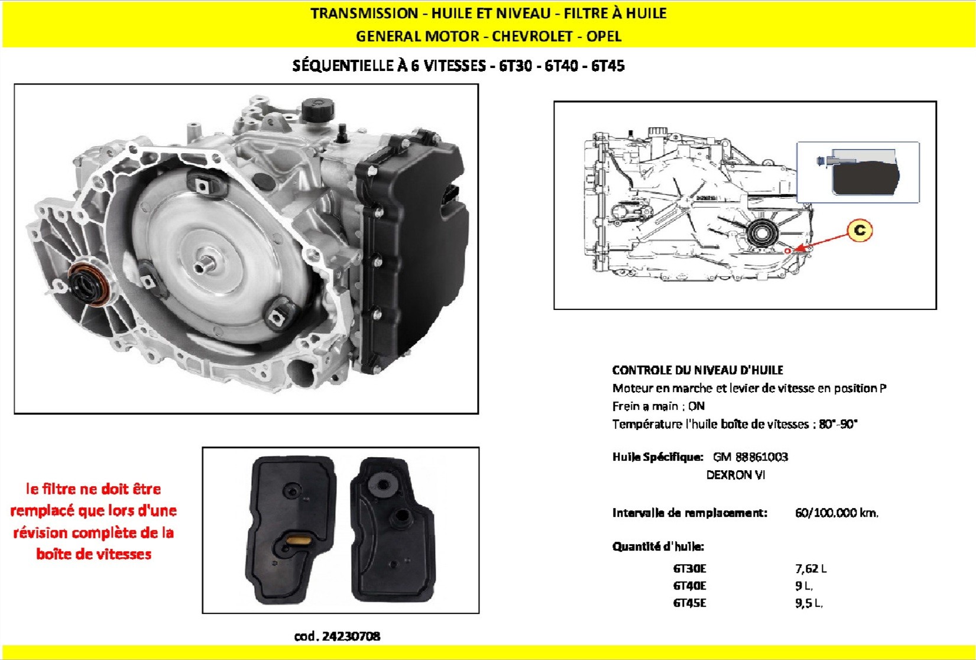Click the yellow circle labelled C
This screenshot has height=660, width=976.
click(x=860, y=230)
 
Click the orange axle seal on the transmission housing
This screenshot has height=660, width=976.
click(x=89, y=284)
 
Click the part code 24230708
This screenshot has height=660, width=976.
click(x=351, y=636)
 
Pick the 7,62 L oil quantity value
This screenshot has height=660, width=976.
click(x=811, y=568)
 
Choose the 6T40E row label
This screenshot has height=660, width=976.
click(x=689, y=585)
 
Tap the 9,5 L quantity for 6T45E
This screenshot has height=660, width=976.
click(x=809, y=603)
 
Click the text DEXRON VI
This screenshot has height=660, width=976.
click(x=735, y=475)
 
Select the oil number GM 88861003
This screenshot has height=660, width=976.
click(x=750, y=457)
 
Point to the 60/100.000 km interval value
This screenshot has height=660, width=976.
click(x=836, y=513)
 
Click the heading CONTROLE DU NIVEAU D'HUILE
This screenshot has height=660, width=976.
click(x=698, y=370)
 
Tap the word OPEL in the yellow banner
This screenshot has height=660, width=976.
click(x=604, y=36)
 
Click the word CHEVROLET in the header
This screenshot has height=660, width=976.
click(x=532, y=36)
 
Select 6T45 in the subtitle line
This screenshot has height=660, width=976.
click(x=608, y=66)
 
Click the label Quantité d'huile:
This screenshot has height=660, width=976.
click(x=658, y=546)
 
